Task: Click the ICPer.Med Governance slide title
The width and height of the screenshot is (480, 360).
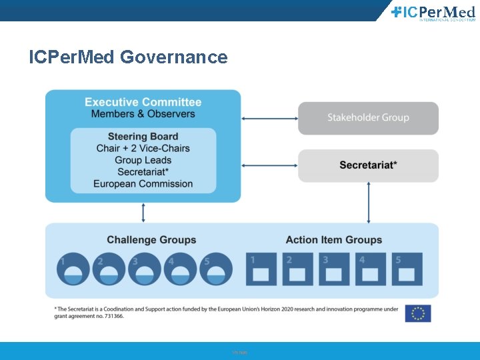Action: tap(128, 57)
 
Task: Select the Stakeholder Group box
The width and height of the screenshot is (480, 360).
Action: tap(368, 118)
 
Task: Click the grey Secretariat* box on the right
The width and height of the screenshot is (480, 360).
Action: tap(368, 165)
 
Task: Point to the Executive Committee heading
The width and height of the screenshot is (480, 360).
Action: tap(143, 102)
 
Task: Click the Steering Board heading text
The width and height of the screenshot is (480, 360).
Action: tap(143, 137)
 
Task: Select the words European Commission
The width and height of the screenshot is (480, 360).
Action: tap(143, 184)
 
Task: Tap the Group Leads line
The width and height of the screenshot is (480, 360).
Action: tap(143, 160)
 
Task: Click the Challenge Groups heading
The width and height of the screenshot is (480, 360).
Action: tap(151, 240)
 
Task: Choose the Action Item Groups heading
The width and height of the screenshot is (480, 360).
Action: tap(333, 240)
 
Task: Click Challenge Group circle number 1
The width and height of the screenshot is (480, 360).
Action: tap(73, 269)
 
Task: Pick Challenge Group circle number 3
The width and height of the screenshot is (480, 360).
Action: tap(145, 269)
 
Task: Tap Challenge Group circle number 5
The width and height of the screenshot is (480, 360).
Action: tap(217, 269)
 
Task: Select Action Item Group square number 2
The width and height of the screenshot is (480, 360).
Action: tap(297, 269)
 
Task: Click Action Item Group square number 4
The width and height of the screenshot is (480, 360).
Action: tap(370, 269)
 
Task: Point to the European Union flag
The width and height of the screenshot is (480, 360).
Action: tap(418, 313)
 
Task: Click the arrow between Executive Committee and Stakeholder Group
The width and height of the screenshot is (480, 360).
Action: tap(269, 119)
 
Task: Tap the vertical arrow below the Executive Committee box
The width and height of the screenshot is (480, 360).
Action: tap(143, 213)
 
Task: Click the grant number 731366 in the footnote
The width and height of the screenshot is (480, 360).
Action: tap(113, 317)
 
